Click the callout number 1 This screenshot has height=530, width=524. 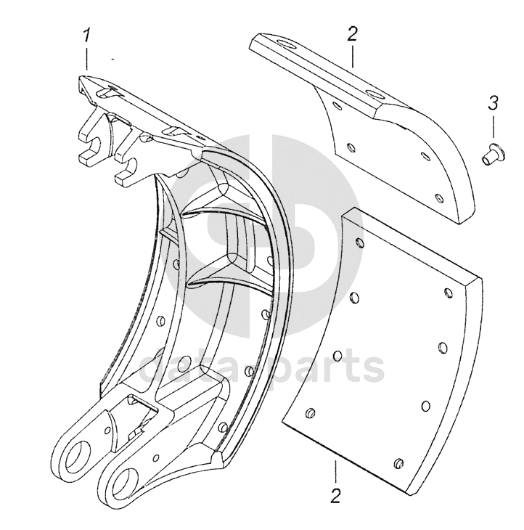[x=87, y=35]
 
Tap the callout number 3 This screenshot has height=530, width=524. [x=493, y=102]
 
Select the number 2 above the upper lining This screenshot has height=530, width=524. [x=352, y=34]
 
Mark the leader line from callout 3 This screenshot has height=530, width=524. [x=494, y=127]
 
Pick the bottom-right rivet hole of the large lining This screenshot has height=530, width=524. [x=397, y=463]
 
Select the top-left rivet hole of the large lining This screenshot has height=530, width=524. [x=356, y=242]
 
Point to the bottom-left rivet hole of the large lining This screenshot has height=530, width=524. [x=310, y=414]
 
